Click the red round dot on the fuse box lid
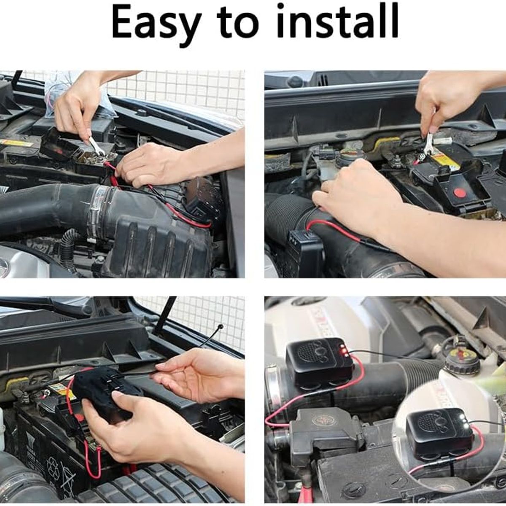pos(460,192)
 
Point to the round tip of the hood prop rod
pos(221,326)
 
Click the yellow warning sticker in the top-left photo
pos(16,143)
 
